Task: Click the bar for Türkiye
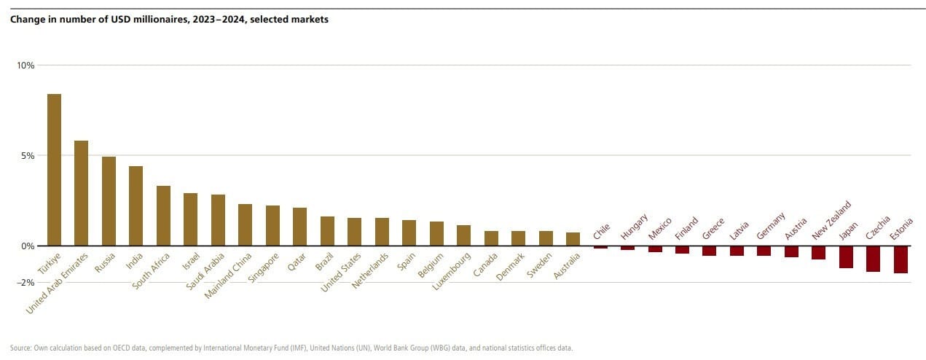click(x=54, y=170)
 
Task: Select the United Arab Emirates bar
click(x=81, y=193)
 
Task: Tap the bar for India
click(x=136, y=206)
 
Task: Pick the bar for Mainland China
click(x=245, y=224)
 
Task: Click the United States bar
click(x=354, y=232)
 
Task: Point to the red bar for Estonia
click(x=901, y=259)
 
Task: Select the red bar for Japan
click(x=846, y=257)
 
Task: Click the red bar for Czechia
click(x=873, y=259)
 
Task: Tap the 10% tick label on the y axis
click(x=26, y=65)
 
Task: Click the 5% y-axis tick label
click(x=28, y=155)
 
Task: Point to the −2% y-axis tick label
click(x=26, y=282)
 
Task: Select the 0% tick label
click(x=28, y=246)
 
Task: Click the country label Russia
click(x=105, y=263)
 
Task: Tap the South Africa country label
click(x=151, y=271)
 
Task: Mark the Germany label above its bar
click(x=771, y=225)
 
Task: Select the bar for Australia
click(x=573, y=239)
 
